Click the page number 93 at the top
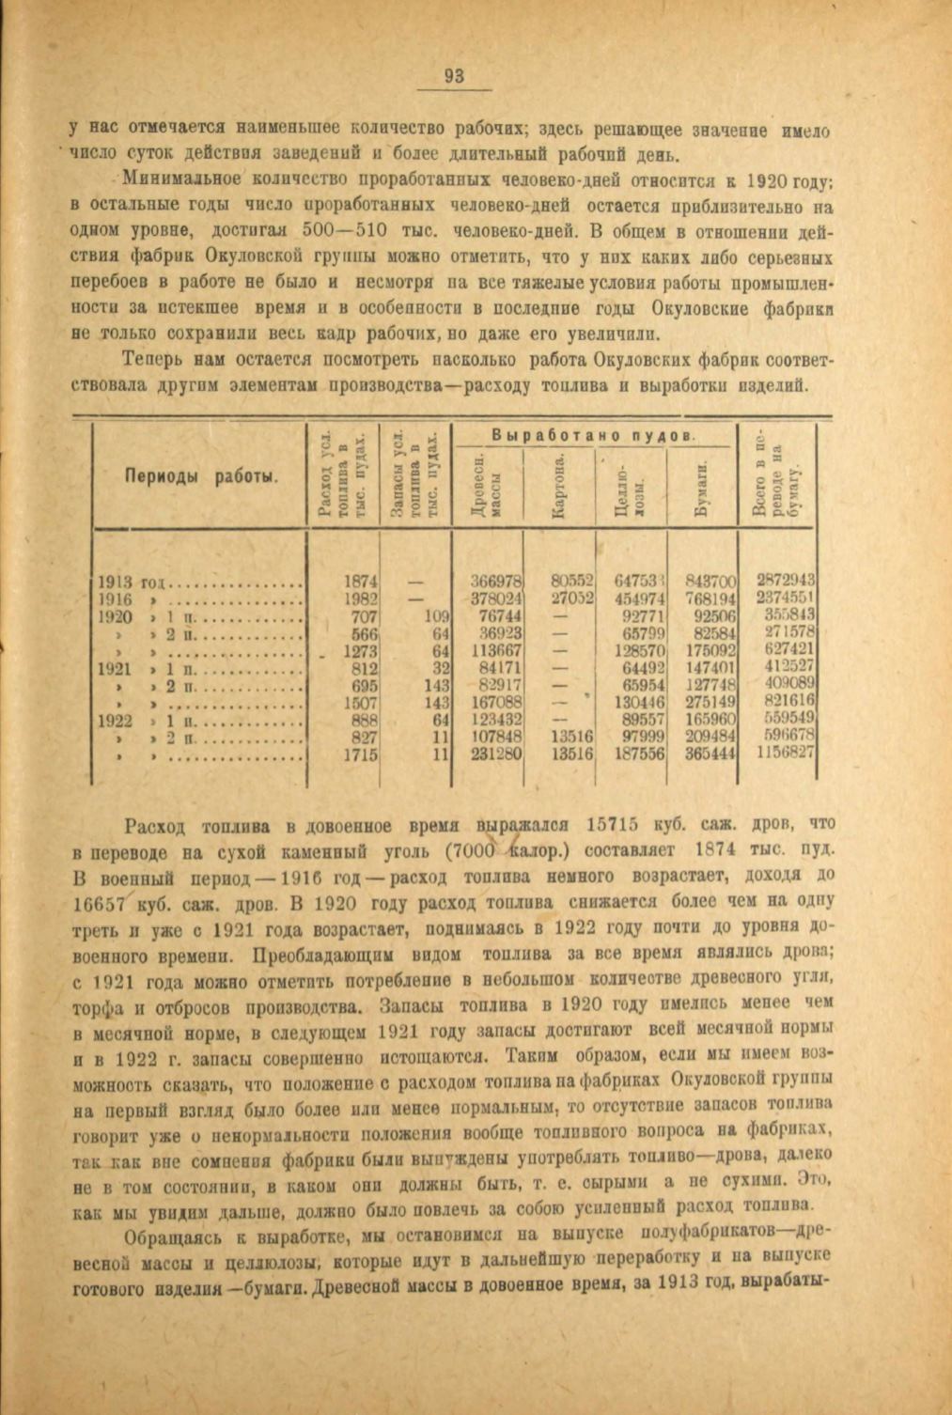coord(454,77)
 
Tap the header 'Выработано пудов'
coord(593,435)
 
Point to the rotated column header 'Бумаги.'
coord(700,489)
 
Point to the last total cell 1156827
coord(786,753)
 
